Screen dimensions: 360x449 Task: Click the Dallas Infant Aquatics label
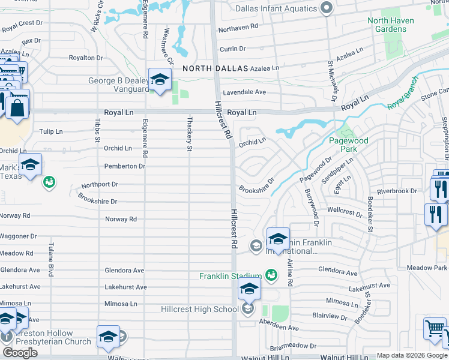pos(276,8)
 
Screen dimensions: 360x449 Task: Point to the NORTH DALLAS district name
pos(214,68)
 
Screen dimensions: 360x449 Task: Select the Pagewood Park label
pos(348,144)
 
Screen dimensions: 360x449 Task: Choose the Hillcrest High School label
pos(200,310)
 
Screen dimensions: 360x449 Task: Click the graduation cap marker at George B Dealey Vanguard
pos(160,80)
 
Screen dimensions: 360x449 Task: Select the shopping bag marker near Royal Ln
pos(17,109)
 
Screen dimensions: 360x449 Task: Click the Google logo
pos(20,353)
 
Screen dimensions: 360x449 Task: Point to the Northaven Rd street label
pos(238,27)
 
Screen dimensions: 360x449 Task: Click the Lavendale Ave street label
pos(244,92)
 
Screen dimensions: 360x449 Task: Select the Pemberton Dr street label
pos(125,166)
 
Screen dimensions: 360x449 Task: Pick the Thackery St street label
pos(189,133)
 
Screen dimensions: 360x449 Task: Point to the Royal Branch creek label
pos(402,95)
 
